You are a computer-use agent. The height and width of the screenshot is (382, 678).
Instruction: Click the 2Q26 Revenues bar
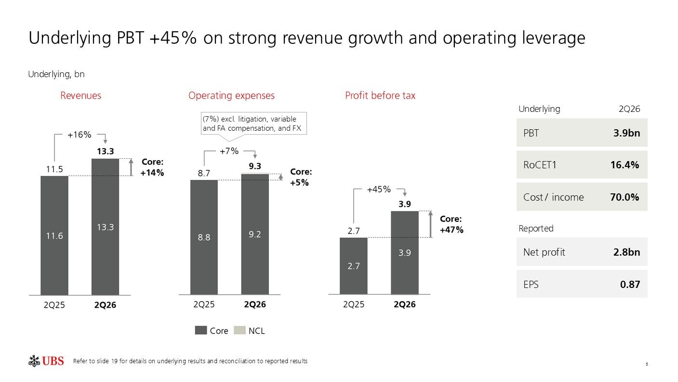(105, 227)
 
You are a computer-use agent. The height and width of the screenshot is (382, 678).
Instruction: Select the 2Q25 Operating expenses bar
(204, 237)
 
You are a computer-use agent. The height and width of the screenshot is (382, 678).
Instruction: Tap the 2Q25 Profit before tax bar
(354, 266)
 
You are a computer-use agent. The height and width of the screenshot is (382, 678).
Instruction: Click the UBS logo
(46, 361)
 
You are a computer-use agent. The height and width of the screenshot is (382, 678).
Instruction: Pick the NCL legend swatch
(239, 330)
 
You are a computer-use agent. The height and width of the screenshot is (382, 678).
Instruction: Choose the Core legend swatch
(201, 330)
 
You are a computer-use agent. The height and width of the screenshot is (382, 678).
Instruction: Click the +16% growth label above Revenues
(80, 135)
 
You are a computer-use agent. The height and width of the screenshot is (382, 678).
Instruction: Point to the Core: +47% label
(452, 224)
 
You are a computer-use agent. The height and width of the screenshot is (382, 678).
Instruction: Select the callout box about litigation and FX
(253, 123)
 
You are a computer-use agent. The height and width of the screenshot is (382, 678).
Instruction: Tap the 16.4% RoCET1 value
(625, 165)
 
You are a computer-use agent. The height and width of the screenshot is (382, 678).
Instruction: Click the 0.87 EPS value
(630, 284)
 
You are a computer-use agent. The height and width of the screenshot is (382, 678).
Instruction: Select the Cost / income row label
(553, 197)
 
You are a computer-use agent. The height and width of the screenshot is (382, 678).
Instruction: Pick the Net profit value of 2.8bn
(626, 252)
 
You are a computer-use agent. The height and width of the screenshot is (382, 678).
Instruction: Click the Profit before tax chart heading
(380, 95)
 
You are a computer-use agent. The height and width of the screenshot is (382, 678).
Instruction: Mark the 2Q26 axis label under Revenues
(105, 305)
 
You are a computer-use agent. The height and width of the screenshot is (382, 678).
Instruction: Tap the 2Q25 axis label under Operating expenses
(204, 304)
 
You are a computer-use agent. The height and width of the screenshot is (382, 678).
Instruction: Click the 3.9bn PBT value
(626, 133)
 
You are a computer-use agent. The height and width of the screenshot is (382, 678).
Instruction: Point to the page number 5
(647, 364)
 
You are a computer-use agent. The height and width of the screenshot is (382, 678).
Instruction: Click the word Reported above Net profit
(536, 228)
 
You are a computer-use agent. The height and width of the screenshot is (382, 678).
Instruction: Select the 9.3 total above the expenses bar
(255, 166)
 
